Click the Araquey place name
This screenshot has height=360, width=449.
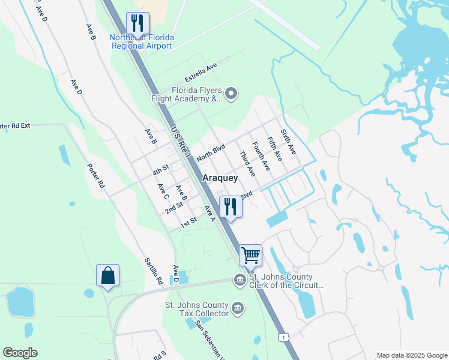click(x=220, y=178)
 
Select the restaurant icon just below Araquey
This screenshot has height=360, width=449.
click(x=230, y=207)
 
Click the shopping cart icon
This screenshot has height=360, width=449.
click(x=250, y=254)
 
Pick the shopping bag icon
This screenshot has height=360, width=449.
click(x=107, y=275)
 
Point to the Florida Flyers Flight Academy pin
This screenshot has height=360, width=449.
click(x=232, y=93)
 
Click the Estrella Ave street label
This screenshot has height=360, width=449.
click(x=200, y=74)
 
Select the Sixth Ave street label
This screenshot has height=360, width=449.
click(x=288, y=141)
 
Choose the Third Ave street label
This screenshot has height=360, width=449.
click(x=247, y=163)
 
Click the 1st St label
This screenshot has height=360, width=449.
click(x=189, y=222)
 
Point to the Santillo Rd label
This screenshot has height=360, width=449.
click(x=154, y=271)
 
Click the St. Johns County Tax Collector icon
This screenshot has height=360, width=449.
click(x=238, y=308)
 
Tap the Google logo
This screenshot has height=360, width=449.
click(x=20, y=353)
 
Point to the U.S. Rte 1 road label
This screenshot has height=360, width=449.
click(x=179, y=142)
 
